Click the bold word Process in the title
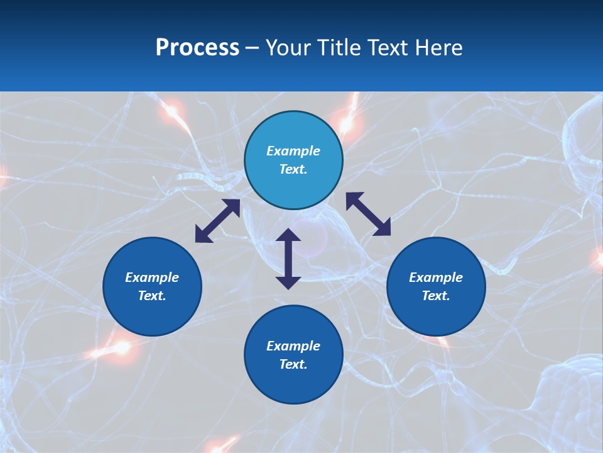[x=197, y=48]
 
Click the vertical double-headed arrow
[x=288, y=259]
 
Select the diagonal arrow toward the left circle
[x=217, y=221]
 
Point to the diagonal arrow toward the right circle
[x=368, y=214]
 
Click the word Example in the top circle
[x=293, y=151]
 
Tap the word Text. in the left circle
[x=152, y=296]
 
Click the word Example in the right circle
[x=436, y=277]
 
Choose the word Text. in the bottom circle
[x=293, y=364]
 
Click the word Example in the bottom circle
[x=293, y=346]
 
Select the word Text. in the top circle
[x=293, y=169]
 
